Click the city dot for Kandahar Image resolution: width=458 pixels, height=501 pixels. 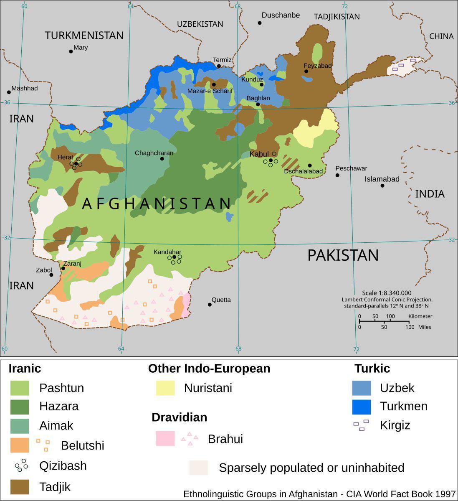pyautogui.click(x=174, y=257)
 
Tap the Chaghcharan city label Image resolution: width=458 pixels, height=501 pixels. pyautogui.click(x=154, y=153)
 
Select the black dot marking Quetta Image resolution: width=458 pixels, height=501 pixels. pyautogui.click(x=210, y=305)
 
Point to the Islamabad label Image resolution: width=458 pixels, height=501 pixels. pyautogui.click(x=382, y=179)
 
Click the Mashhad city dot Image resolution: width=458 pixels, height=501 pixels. pyautogui.click(x=9, y=92)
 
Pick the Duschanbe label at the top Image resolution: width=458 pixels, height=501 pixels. pyautogui.click(x=281, y=15)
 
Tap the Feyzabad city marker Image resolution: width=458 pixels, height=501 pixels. pyautogui.click(x=306, y=71)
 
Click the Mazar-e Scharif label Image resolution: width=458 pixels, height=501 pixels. pyautogui.click(x=210, y=91)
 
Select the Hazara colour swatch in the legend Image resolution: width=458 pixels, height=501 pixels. pyautogui.click(x=20, y=407)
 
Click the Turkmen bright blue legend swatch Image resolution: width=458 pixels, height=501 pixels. pyautogui.click(x=361, y=407)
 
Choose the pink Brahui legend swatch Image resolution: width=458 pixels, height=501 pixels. pyautogui.click(x=165, y=439)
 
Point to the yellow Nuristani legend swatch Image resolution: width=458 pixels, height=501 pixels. pyautogui.click(x=165, y=388)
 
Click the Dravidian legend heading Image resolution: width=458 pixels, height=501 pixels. pyautogui.click(x=179, y=417)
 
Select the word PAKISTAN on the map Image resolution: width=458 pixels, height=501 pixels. pyautogui.click(x=343, y=255)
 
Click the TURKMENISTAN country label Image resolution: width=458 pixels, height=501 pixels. pyautogui.click(x=84, y=36)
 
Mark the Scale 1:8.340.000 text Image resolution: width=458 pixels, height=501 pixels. pyautogui.click(x=387, y=293)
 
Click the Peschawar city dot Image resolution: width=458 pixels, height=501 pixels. pyautogui.click(x=337, y=175)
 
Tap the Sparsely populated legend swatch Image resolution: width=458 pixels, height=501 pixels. pyautogui.click(x=198, y=468)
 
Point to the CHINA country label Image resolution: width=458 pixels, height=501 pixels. pyautogui.click(x=441, y=36)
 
